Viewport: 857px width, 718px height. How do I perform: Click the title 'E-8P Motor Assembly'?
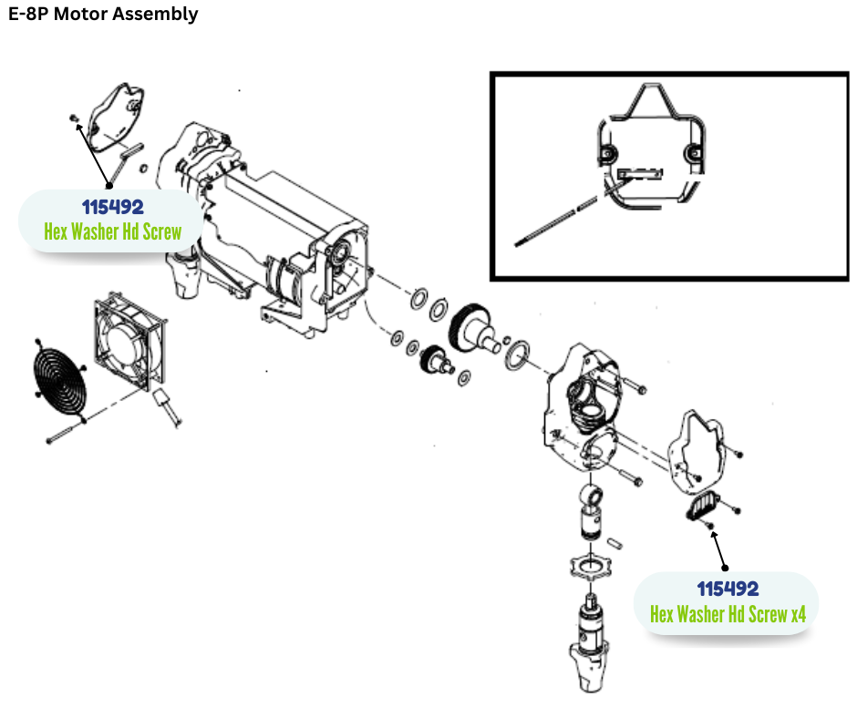pos(103,15)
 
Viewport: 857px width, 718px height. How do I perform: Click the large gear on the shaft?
pos(473,324)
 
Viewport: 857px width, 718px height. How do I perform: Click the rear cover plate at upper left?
pos(121,117)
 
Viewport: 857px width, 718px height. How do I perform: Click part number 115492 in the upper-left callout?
pos(112,207)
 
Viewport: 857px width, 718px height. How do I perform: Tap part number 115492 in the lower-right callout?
pos(728,589)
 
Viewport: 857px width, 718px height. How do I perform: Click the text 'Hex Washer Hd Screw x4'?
pos(728,614)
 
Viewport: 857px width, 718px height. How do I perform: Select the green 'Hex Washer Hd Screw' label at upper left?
pos(112,231)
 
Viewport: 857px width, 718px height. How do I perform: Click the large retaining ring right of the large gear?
pos(518,352)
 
